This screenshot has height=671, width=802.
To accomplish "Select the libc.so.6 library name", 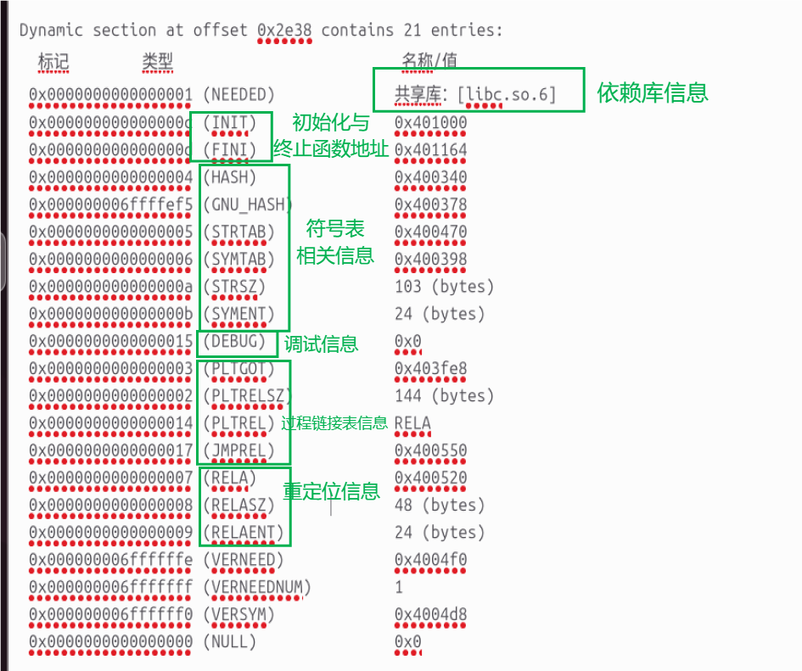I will (507, 93).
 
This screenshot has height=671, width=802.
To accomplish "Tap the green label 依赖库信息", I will (652, 92).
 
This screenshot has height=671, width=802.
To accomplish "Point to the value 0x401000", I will (430, 122).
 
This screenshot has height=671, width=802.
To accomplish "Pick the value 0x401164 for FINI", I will (430, 150).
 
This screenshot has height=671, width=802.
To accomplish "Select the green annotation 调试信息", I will (321, 344).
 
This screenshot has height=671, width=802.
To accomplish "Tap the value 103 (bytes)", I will (444, 287).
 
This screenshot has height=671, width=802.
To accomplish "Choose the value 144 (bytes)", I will (444, 395).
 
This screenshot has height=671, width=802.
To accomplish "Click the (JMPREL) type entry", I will (240, 450).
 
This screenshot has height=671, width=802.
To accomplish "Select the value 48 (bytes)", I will (440, 505).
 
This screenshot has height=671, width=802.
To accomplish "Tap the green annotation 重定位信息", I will (331, 491).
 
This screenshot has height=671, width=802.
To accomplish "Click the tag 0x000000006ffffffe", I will (110, 560).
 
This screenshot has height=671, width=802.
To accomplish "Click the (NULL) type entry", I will (230, 642).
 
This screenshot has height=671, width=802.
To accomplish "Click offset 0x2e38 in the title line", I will (285, 31).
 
